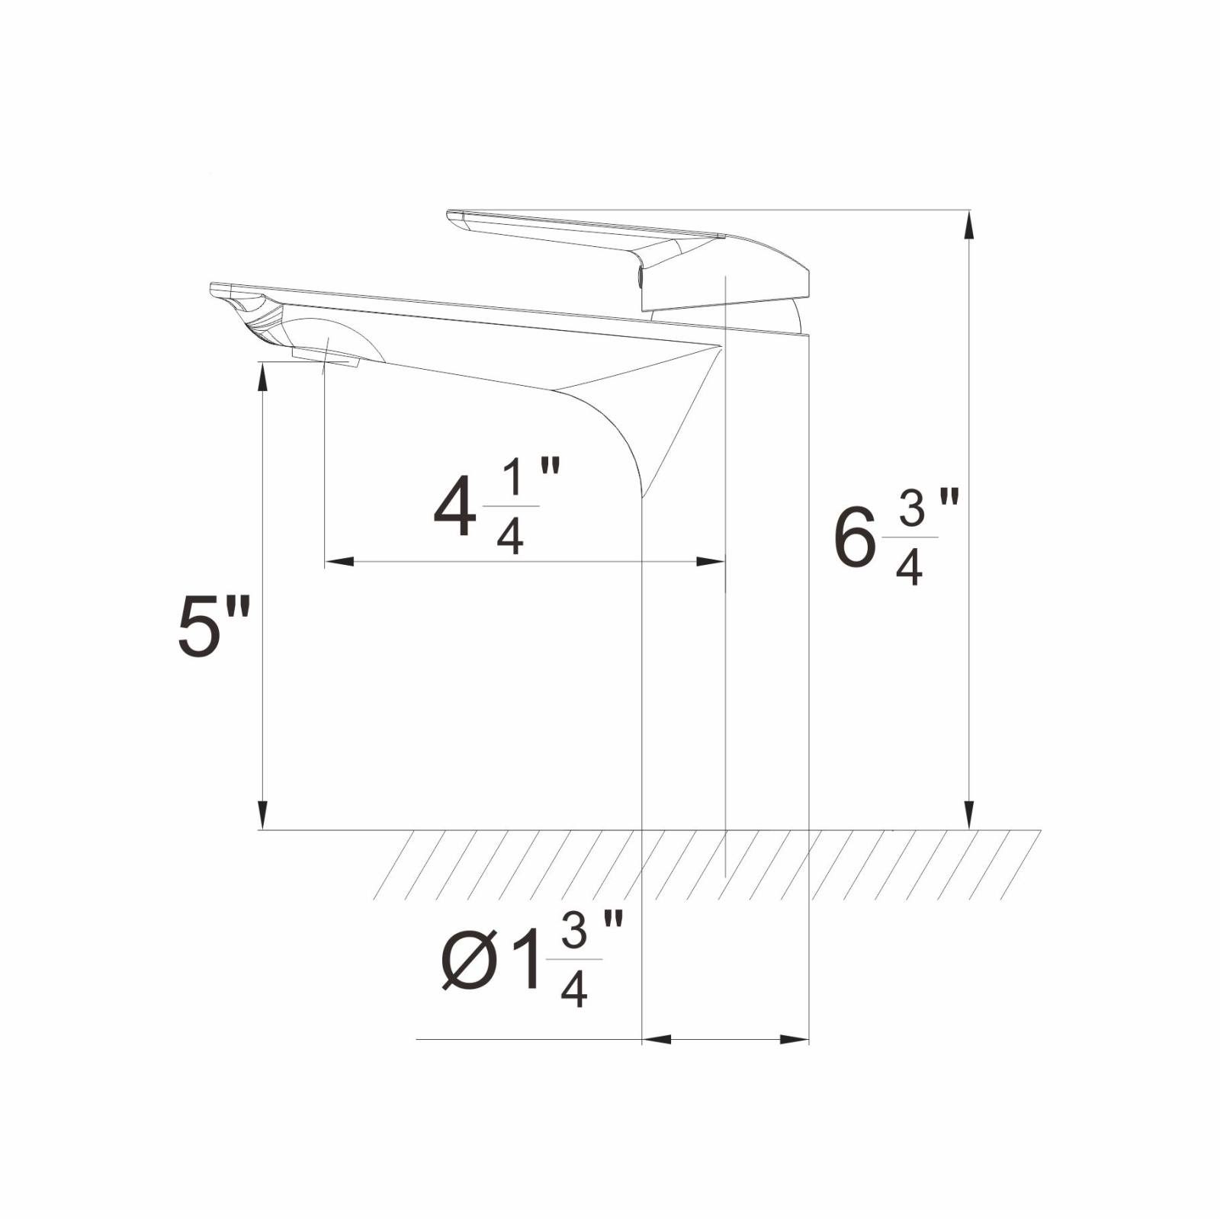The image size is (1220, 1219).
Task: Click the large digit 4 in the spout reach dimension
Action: coord(455,507)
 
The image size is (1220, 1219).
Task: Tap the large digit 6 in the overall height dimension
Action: coord(854,538)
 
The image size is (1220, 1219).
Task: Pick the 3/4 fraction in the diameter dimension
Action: coord(574,961)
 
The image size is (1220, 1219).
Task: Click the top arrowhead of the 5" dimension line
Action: coord(262,377)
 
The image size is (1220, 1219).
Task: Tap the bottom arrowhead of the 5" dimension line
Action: coord(262,815)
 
